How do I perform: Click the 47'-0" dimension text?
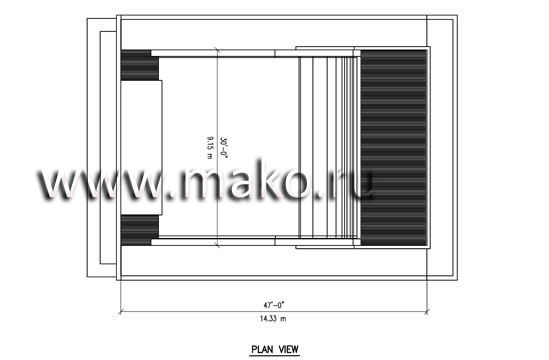tap(274, 305)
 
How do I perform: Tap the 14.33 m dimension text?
tap(273, 319)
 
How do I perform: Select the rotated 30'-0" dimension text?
tap(223, 147)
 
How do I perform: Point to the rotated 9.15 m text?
tap(209, 148)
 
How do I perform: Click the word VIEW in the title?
tap(289, 349)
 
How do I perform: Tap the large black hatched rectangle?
tap(394, 147)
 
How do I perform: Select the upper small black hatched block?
tap(139, 65)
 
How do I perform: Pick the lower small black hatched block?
tap(139, 230)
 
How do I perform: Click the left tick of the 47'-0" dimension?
tap(121, 311)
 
